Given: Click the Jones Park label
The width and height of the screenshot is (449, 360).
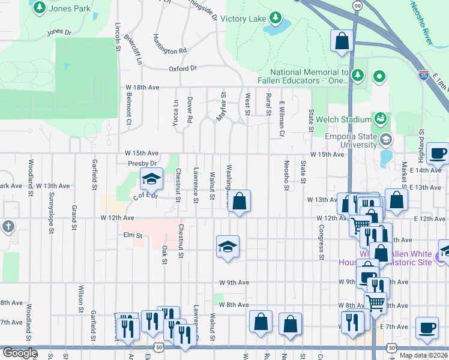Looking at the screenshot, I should pyautogui.click(x=68, y=9).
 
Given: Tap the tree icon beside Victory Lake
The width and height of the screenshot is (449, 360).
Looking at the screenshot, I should pyautogui.click(x=276, y=17).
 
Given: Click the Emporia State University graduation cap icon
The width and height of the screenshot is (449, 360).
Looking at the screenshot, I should pyautogui.click(x=385, y=139).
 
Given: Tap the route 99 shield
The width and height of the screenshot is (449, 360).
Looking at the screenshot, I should pyautogui.click(x=357, y=5).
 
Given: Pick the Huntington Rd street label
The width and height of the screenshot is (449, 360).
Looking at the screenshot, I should pyautogui.click(x=170, y=51).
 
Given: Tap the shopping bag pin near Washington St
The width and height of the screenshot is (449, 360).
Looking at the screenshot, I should pyautogui.click(x=239, y=202).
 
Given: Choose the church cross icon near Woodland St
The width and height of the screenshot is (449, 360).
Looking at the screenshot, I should pyautogui.click(x=8, y=227).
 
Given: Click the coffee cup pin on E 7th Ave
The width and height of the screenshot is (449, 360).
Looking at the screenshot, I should pyautogui.click(x=427, y=328).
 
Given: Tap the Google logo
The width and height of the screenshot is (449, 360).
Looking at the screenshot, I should pyautogui.click(x=20, y=353).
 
